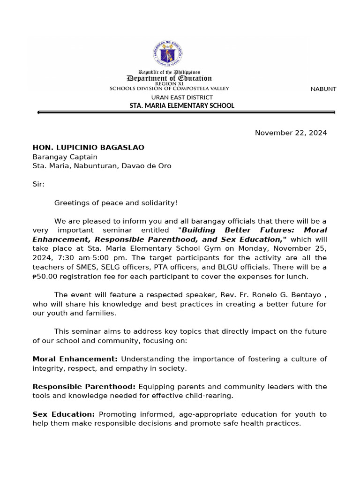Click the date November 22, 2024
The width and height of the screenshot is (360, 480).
tap(291, 133)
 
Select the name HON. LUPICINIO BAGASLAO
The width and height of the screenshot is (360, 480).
tap(88, 148)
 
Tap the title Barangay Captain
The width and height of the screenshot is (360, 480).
tap(65, 157)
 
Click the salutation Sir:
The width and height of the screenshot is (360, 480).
tap(38, 184)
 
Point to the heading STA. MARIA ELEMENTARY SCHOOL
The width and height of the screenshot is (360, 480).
tap(182, 106)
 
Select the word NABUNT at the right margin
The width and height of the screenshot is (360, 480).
tap(323, 89)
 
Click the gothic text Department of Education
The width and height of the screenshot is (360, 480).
tap(169, 78)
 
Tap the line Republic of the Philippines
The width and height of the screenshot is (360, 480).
tap(169, 72)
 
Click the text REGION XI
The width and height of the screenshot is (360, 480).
tap(169, 83)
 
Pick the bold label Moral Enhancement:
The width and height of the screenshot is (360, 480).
tap(75, 359)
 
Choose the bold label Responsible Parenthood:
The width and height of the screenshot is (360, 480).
tap(84, 387)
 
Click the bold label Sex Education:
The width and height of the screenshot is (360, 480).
tap(64, 414)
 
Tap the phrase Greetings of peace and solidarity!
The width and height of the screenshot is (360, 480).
tap(116, 203)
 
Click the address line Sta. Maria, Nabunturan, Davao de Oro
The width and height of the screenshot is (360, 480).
tap(102, 166)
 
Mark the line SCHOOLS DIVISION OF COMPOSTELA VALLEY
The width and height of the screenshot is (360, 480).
tap(169, 88)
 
